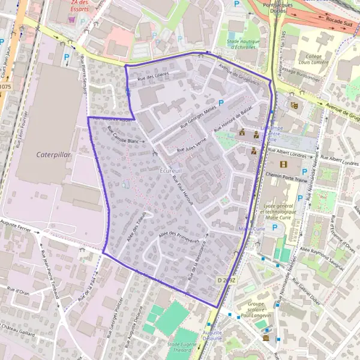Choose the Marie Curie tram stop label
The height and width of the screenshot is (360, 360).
click(252, 229)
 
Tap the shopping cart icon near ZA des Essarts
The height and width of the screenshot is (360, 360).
click(72, 19)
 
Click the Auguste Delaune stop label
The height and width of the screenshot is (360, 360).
click(212, 335)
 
